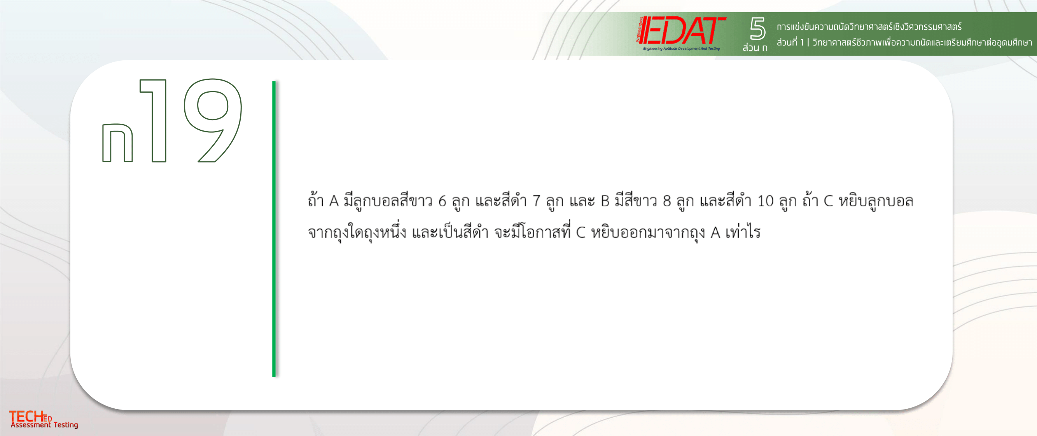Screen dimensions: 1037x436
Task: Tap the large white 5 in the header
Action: tap(757, 28)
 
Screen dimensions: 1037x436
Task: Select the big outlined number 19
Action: tap(191, 120)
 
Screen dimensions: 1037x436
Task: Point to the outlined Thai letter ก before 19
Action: tap(117, 142)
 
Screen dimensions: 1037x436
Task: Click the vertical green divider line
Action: tap(274, 229)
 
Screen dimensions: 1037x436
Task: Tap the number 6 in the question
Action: tap(442, 200)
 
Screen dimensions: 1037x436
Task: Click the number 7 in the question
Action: tap(536, 200)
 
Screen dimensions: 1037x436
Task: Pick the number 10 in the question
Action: tap(765, 200)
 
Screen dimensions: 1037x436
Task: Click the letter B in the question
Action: tap(605, 200)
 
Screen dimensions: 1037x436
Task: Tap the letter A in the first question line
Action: tap(334, 200)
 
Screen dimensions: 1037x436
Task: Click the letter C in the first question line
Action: tap(828, 200)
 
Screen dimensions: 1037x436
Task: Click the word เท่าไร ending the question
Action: tap(743, 232)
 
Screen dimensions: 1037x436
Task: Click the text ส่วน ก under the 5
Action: tap(755, 47)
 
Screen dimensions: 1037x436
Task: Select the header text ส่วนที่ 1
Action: tap(790, 42)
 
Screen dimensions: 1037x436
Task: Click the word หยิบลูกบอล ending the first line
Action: tap(876, 200)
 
